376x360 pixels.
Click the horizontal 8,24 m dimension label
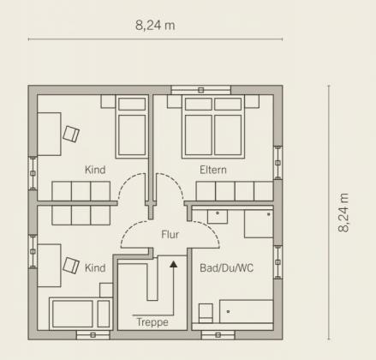(x=155, y=25)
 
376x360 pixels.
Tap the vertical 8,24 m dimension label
(x=343, y=213)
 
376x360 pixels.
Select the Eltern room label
(x=213, y=170)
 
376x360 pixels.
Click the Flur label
(x=170, y=234)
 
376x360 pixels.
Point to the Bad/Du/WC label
(x=226, y=268)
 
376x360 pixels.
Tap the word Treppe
(x=152, y=322)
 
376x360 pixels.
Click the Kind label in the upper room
(x=95, y=170)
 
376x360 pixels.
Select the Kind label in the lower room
(x=95, y=268)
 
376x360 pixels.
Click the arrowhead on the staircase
(x=174, y=264)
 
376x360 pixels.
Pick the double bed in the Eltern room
(x=213, y=127)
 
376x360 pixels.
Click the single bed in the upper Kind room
(x=132, y=127)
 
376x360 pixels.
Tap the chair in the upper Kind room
(x=71, y=134)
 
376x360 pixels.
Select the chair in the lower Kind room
(x=71, y=266)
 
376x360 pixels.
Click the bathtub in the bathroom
(x=246, y=311)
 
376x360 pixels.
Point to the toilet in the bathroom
(x=206, y=313)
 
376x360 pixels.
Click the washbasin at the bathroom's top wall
(x=218, y=216)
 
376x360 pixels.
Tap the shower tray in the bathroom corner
(x=259, y=224)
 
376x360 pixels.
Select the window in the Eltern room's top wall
(x=201, y=90)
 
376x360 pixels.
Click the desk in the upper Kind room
(x=49, y=134)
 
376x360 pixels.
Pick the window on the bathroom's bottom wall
(x=218, y=335)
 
